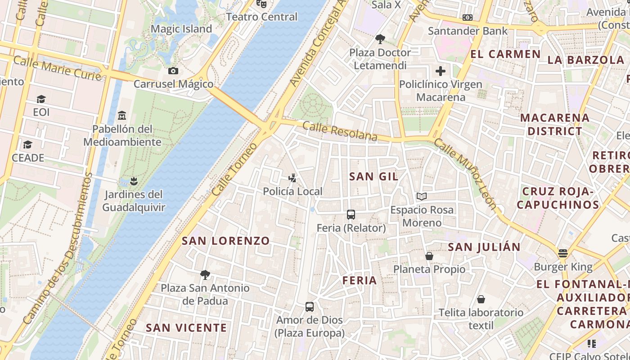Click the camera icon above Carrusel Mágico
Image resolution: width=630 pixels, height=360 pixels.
pos(173,71)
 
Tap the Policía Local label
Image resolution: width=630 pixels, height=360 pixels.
pos(292,191)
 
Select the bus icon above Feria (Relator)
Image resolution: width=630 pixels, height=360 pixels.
pos(351,215)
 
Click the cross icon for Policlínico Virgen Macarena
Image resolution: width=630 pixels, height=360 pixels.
pos(440,71)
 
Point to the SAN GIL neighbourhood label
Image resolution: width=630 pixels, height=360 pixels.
pos(373,176)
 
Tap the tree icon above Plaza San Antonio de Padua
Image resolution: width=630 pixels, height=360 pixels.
pos(205,274)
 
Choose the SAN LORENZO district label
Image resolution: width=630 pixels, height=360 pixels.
pos(225,241)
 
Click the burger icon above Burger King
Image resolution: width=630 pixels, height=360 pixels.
pos(562,253)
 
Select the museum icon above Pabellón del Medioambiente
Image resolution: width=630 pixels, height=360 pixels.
pos(121,116)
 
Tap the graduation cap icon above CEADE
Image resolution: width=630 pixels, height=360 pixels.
pos(28,145)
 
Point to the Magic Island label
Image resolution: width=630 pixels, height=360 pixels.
pos(181,29)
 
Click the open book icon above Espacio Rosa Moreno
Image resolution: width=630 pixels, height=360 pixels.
pos(422,196)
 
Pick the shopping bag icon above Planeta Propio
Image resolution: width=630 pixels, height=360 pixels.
pos(429,256)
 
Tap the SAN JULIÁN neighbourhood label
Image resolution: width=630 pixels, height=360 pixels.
pos(484,247)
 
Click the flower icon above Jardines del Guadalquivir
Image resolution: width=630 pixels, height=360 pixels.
pos(133,181)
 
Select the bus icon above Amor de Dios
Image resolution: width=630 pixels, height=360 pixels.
pos(310,307)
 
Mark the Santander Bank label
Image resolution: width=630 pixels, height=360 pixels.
pos(468,31)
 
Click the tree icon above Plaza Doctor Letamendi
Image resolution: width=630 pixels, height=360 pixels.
pos(380,39)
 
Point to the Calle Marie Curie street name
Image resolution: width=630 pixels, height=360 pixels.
pos(57,68)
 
